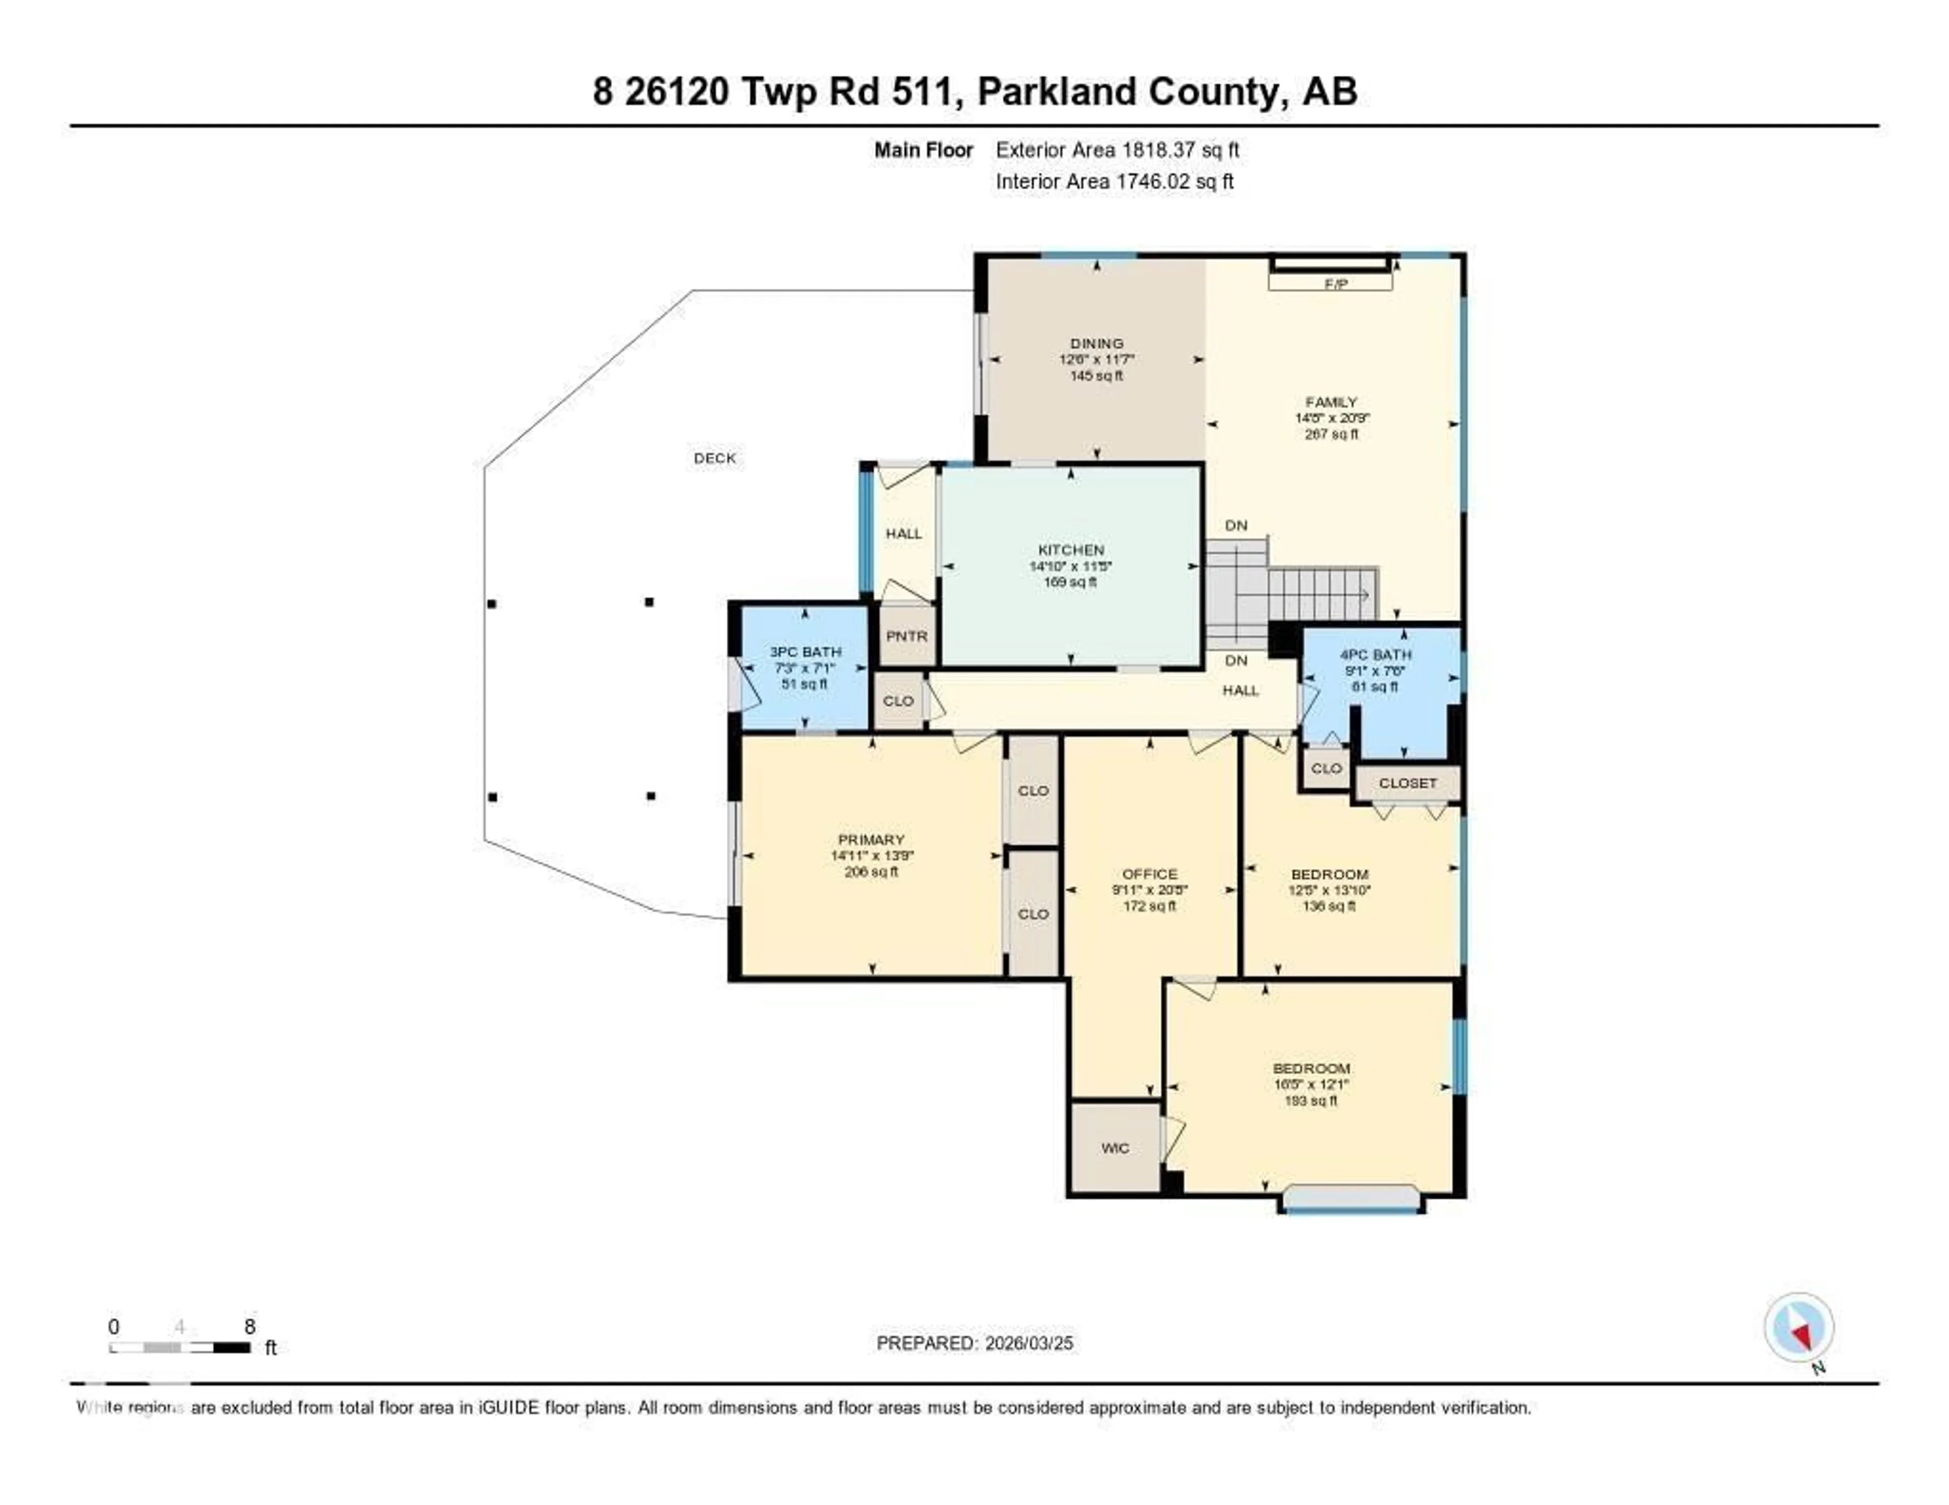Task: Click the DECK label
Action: click(x=715, y=459)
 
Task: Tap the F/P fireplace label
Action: click(x=1335, y=285)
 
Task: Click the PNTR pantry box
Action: click(x=906, y=637)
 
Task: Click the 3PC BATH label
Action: click(x=805, y=652)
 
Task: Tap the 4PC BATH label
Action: click(x=1375, y=655)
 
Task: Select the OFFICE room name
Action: click(x=1150, y=874)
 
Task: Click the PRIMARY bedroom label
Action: click(x=871, y=839)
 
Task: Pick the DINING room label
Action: click(x=1097, y=344)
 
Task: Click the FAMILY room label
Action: click(x=1331, y=402)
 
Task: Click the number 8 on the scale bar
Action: click(x=250, y=1326)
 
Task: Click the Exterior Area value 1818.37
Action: click(x=1158, y=151)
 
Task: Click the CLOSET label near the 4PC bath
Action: click(x=1407, y=783)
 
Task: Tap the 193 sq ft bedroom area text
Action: click(x=1310, y=1101)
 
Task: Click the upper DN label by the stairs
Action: click(x=1236, y=526)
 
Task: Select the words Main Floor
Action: click(x=923, y=151)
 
